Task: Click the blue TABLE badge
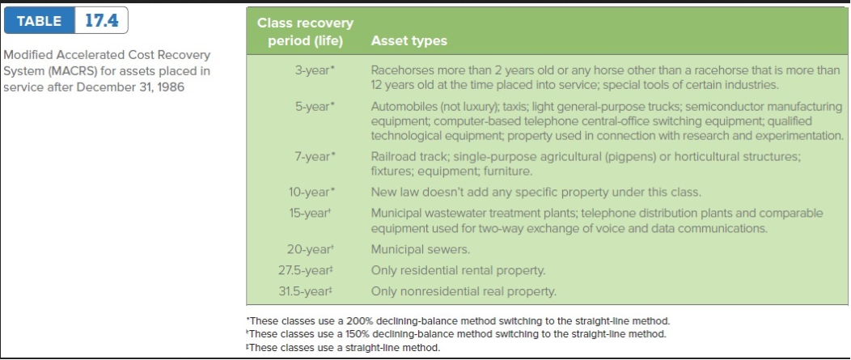[x=40, y=21]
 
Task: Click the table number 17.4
[x=102, y=21]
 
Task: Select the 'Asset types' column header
[x=409, y=41]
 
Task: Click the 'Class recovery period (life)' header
[x=305, y=32]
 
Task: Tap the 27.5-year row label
[x=304, y=270]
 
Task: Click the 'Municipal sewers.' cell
[x=421, y=249]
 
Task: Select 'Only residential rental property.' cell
[x=458, y=270]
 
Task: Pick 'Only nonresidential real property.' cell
[x=464, y=291]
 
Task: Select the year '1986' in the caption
[x=171, y=87]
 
